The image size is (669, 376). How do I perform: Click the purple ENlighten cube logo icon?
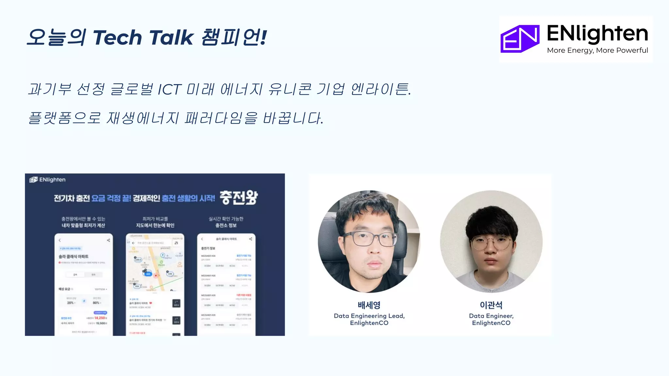[x=520, y=39]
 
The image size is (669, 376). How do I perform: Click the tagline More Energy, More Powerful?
[x=597, y=50]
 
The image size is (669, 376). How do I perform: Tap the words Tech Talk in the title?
[x=143, y=37]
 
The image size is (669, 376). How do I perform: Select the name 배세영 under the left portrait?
[x=369, y=305]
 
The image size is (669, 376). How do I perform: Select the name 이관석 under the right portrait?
[x=491, y=305]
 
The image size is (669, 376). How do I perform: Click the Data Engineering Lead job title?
[x=369, y=316]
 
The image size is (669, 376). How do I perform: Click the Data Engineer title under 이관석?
[x=491, y=316]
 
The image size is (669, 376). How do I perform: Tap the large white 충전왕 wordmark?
[x=238, y=197]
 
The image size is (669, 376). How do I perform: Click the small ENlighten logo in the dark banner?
[x=48, y=180]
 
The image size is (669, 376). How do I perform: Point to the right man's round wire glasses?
[x=491, y=243]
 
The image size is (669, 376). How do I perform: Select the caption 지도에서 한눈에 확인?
[x=155, y=225]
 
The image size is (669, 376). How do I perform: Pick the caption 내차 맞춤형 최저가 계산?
[x=83, y=225]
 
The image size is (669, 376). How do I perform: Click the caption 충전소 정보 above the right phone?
[x=226, y=225]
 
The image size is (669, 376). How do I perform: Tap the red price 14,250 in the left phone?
[x=100, y=318]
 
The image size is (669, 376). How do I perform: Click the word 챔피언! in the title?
[x=234, y=37]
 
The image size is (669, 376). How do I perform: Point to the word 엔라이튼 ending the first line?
[x=380, y=89]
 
